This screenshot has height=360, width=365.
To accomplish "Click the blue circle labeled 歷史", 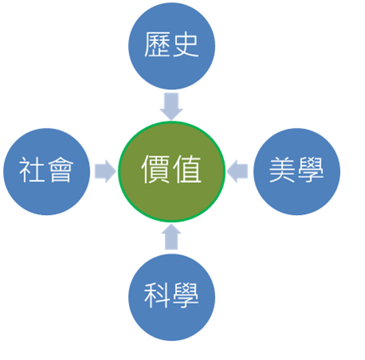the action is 172,46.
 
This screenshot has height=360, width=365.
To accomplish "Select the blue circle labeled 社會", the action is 47,172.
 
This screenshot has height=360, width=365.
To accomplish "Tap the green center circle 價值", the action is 172,172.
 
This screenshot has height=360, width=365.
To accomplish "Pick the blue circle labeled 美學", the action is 297,172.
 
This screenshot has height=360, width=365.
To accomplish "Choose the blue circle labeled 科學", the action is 172,297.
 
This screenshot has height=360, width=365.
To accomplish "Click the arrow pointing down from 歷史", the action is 172,106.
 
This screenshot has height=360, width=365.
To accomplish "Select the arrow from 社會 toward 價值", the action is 106,172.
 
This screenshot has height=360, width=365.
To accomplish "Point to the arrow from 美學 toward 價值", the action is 238,172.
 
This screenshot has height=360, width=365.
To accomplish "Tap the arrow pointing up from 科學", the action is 171,237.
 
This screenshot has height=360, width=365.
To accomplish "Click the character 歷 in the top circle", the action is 157,44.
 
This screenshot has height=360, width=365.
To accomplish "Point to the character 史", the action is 186,45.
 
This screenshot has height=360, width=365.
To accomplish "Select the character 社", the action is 32,170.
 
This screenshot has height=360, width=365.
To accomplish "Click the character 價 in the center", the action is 156,169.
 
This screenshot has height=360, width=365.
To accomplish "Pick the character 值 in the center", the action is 187,169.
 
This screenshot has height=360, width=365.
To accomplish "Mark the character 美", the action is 282,170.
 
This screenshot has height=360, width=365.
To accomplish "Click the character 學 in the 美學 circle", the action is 311,170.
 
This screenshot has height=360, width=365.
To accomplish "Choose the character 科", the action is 157,296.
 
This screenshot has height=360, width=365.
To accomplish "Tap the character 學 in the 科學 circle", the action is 186,296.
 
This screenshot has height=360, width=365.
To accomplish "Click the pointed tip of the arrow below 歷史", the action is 172,120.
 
